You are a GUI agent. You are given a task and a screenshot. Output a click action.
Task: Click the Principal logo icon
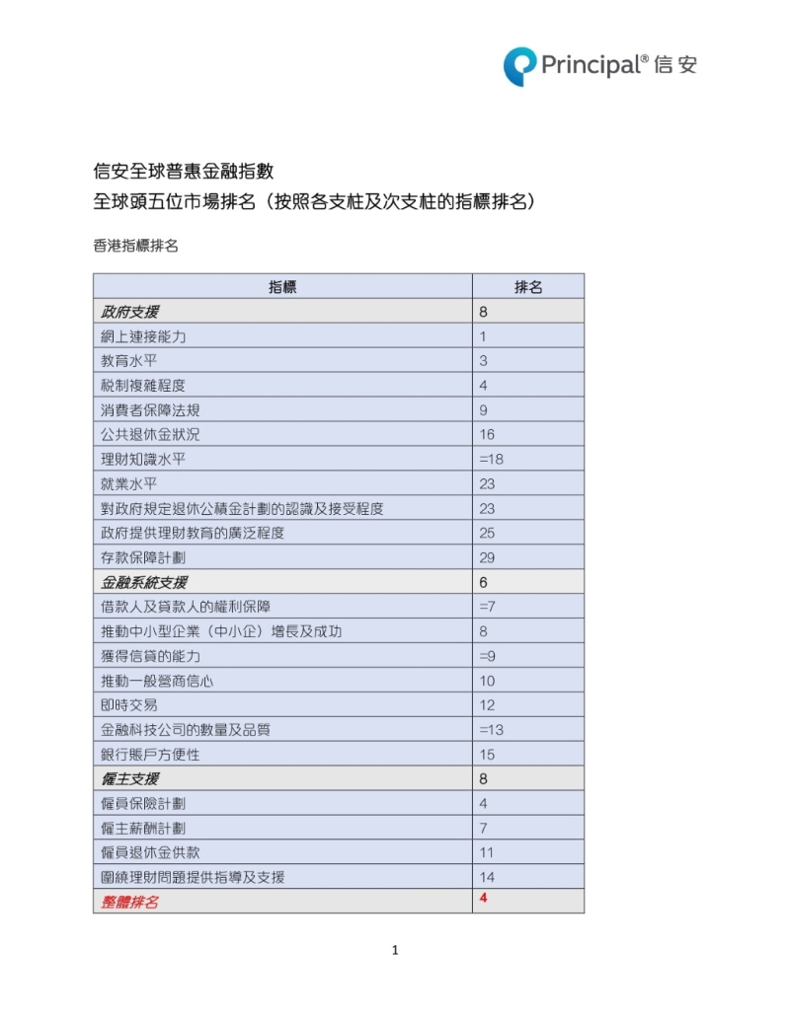[x=519, y=66]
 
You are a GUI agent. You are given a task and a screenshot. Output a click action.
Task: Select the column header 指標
[x=282, y=287]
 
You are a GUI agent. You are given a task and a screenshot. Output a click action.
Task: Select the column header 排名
[x=527, y=287]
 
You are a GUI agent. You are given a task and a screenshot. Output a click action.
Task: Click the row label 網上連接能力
[x=143, y=336]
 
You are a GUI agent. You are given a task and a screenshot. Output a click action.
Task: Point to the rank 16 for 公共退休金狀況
[x=487, y=434]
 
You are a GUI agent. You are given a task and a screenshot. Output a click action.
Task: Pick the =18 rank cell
[x=491, y=459]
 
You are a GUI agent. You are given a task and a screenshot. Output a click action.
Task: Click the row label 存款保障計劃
[x=143, y=557]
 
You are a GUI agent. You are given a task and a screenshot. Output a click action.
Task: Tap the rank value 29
[x=487, y=557]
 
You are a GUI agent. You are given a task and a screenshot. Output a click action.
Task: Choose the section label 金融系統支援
[x=143, y=582]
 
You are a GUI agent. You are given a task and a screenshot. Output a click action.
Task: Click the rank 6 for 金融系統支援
[x=484, y=582]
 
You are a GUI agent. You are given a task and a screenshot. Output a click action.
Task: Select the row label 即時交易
[x=128, y=705]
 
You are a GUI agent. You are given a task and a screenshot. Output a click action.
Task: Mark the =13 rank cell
[x=491, y=730]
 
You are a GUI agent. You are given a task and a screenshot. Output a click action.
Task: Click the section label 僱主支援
[x=129, y=779]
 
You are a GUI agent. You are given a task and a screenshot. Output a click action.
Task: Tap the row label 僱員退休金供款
[x=150, y=852]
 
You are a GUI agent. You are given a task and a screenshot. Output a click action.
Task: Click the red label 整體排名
[x=129, y=902]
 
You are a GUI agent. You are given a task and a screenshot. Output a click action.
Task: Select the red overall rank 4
[x=484, y=898]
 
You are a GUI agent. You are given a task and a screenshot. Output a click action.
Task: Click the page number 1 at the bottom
[x=395, y=951]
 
